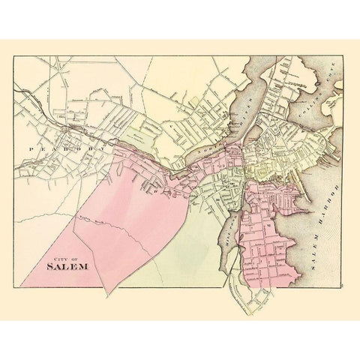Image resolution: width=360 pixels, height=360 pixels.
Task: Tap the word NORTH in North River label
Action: coord(218,135)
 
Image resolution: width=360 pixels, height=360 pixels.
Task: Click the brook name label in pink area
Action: coord(90,218)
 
